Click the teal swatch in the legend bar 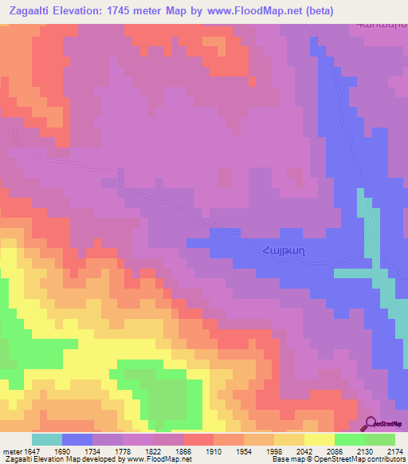click(47, 439)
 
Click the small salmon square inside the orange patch click(147, 273)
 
